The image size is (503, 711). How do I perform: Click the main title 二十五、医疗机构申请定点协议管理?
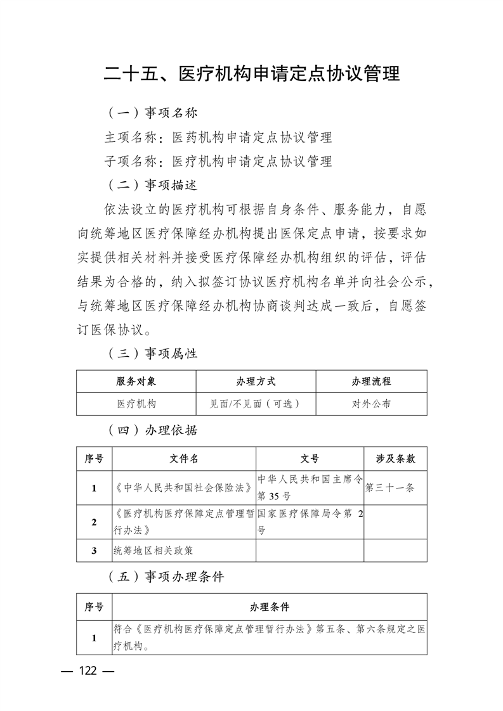252,74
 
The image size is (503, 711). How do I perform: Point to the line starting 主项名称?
218,137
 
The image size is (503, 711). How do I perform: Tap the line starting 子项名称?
218,161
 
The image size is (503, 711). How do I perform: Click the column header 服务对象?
136,381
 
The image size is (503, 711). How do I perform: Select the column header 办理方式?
256,381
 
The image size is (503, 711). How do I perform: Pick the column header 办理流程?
371,381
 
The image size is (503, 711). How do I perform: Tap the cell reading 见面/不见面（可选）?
256,404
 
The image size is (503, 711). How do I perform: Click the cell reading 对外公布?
371,404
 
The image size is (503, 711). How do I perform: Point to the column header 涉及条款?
396,459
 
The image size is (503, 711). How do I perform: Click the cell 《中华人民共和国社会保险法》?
183,488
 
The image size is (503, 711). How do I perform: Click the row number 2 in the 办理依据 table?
94,522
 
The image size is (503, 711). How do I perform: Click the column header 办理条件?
270,606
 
